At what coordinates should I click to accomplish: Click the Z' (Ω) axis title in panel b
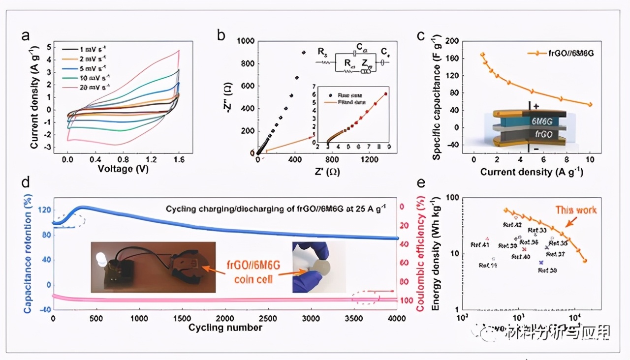pos(325,172)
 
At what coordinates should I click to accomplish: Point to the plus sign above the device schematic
pos(537,106)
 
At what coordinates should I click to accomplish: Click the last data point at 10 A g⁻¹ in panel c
pos(590,104)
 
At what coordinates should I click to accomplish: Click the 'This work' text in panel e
pos(576,210)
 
